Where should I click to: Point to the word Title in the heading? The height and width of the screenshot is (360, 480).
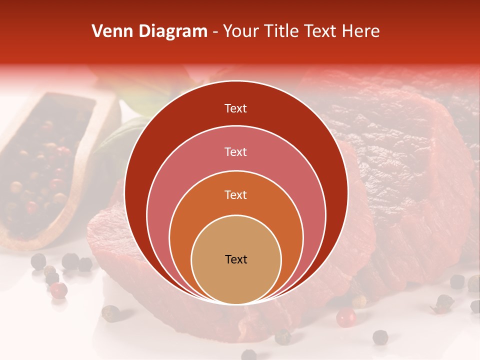284,31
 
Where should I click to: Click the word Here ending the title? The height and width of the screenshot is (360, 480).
360,31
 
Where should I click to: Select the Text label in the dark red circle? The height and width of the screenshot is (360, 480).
235,108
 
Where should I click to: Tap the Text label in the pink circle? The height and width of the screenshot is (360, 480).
235,151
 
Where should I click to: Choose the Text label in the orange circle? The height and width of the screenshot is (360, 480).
235,194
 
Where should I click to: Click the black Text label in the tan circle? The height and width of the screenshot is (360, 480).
236,259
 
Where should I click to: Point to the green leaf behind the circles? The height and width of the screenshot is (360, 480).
117,135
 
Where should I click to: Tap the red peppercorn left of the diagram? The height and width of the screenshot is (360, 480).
59,289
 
